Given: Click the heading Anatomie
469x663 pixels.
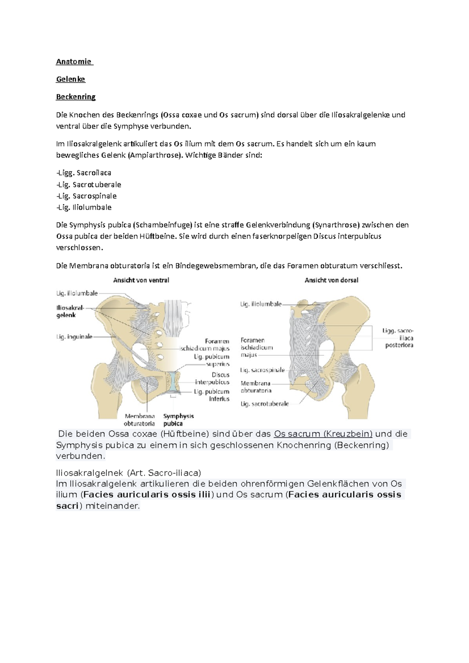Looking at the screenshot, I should [x=74, y=62].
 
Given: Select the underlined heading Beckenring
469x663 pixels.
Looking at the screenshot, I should [x=75, y=97].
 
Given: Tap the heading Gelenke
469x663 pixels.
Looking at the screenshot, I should [x=70, y=79].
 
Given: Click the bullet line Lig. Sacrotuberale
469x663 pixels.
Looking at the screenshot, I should [x=89, y=185].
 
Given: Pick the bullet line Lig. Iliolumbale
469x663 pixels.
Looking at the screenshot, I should [x=84, y=207].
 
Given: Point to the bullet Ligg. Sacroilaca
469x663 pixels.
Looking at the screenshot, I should [x=84, y=173].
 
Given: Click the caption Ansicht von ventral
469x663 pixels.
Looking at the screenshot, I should [x=141, y=280].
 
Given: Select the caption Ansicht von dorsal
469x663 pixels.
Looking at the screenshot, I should [x=331, y=280].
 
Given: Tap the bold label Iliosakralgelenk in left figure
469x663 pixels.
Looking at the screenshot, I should [x=70, y=311].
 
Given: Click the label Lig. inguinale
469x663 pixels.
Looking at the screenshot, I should [x=75, y=337].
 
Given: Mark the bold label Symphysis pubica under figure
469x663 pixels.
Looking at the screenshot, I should [x=178, y=420].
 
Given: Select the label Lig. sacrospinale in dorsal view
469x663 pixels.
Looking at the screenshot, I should [x=262, y=370].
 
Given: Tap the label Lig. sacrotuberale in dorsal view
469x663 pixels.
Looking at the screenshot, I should [x=265, y=404].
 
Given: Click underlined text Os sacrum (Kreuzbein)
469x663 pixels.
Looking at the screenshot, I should [x=323, y=434].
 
